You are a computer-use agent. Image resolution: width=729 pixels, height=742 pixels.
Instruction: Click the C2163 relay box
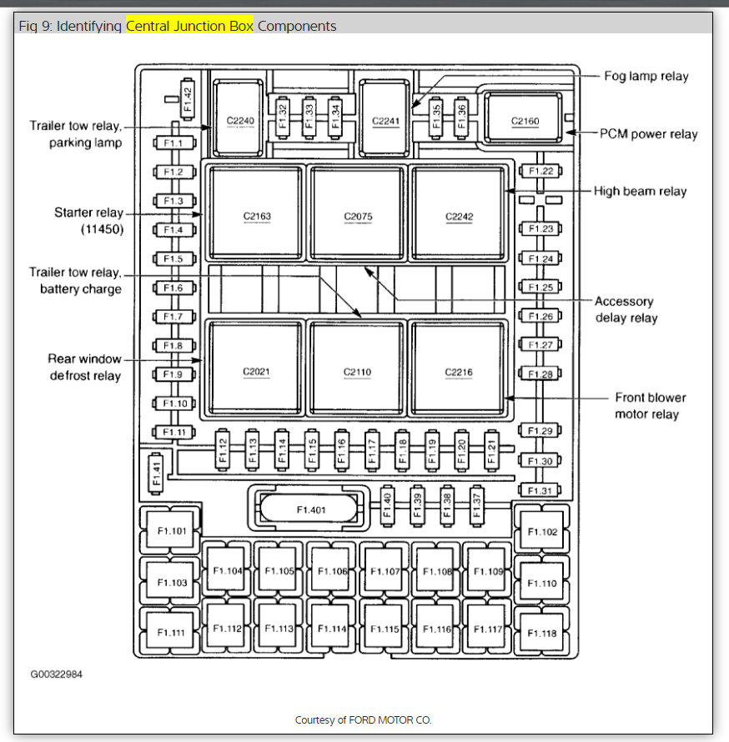257,212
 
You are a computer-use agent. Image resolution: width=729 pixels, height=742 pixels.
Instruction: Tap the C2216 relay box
458,368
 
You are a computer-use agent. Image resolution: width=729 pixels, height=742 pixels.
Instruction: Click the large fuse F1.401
310,509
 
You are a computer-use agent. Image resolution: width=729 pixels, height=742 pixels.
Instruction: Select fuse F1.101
172,529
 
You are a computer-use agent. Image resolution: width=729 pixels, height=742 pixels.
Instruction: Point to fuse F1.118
543,633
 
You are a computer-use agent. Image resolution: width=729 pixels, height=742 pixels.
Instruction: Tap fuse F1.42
187,98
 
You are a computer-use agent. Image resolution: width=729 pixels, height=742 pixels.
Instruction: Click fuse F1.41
155,474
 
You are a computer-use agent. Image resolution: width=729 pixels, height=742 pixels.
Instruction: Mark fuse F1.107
385,571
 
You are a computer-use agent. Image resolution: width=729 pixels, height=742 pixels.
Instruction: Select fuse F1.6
173,288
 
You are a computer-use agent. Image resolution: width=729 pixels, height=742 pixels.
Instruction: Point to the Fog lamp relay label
646,76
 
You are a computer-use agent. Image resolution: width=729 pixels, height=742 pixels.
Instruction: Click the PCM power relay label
649,133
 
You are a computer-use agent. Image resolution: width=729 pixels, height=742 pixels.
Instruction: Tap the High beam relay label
640,191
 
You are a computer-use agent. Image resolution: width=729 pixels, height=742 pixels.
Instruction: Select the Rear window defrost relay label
85,367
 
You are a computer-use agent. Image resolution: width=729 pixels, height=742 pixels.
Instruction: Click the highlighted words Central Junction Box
189,26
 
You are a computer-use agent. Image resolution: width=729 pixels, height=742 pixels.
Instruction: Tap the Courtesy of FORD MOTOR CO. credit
363,719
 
